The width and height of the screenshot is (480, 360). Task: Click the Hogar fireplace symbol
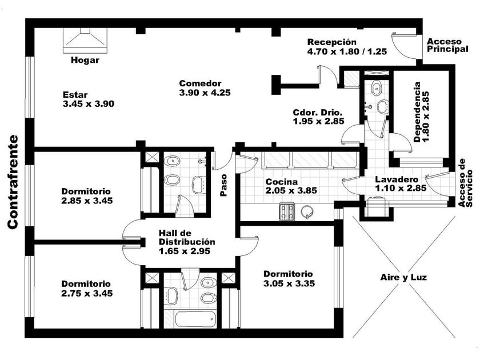tap(85, 41)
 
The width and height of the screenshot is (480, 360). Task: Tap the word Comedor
tap(200, 83)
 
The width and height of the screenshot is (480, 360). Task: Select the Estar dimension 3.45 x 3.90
tap(89, 104)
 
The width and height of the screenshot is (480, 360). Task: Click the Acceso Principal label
tap(447, 45)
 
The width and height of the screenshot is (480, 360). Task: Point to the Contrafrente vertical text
tap(13, 182)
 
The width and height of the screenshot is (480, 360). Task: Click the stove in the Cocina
tap(287, 212)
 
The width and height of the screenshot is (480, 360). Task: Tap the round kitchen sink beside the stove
tap(307, 211)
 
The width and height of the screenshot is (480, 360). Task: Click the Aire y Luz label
tap(403, 277)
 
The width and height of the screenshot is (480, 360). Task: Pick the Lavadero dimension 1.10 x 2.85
tap(401, 188)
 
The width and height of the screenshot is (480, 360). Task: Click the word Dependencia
tap(417, 112)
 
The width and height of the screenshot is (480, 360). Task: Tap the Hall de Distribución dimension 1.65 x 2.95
tap(185, 251)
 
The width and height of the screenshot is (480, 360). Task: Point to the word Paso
tap(224, 185)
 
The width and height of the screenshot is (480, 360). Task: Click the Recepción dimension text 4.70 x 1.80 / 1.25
tap(347, 51)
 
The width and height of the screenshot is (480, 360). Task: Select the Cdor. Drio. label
tap(318, 112)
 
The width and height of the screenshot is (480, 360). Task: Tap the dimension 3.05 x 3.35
tap(289, 283)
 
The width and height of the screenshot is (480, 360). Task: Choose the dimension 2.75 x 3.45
tap(87, 294)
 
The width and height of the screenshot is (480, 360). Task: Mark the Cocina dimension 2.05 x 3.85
tap(291, 191)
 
